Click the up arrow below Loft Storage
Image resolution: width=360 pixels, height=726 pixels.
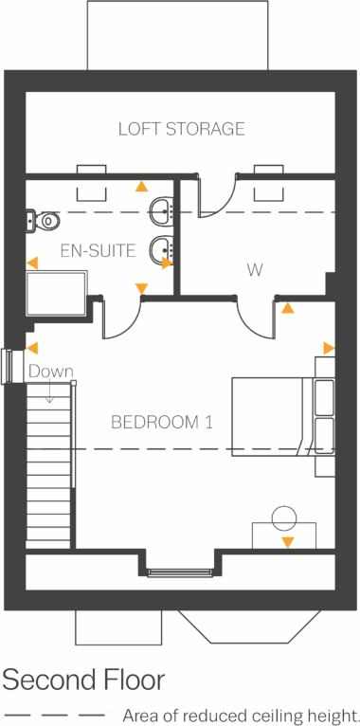pos(141,187)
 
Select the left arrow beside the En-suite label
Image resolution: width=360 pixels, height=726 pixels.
pos(32,263)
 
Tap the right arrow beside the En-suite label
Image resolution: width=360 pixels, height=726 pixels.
pos(167,263)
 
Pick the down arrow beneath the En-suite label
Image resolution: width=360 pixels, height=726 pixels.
pos(141,288)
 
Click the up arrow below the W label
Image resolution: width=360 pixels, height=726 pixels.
pos(287,308)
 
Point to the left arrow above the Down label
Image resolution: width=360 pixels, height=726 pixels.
pos(32,348)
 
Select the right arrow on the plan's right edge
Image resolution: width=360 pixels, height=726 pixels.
pos(328,348)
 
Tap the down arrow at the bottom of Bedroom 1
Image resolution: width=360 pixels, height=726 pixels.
pos(287,542)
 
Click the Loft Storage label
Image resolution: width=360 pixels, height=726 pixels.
pos(181,128)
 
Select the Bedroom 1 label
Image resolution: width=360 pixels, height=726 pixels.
pos(161,422)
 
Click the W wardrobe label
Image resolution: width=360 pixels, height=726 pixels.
pos(255,271)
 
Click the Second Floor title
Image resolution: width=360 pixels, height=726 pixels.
pos(82,680)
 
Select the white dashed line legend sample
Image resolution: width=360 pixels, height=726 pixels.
pos(55,715)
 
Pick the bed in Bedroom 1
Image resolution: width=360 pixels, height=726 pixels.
pos(275,415)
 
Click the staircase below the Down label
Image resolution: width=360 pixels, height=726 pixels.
pos(49,464)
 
